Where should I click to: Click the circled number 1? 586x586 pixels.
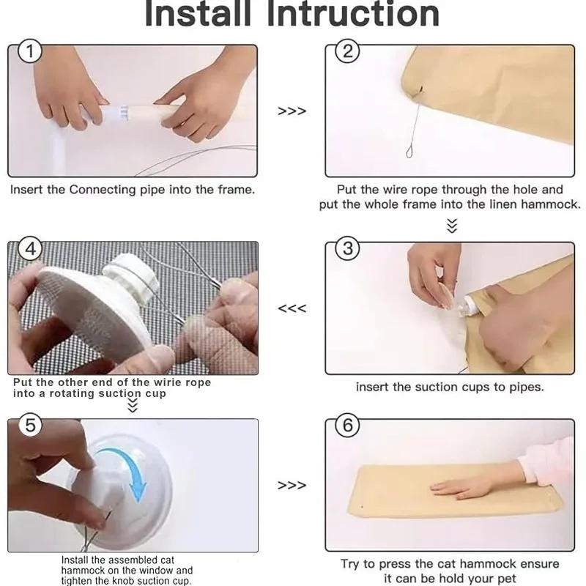[30, 51]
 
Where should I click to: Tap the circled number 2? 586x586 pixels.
[347, 51]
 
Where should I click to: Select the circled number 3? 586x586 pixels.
[347, 248]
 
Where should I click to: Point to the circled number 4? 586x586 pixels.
[30, 248]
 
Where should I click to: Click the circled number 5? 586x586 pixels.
[30, 425]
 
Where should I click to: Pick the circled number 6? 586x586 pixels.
[347, 426]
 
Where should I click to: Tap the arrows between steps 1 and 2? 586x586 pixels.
[292, 111]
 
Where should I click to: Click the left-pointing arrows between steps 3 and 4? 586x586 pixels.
[292, 308]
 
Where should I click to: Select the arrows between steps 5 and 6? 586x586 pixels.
[292, 485]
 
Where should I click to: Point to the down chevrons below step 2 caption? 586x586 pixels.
[452, 226]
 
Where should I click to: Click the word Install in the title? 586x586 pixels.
[198, 13]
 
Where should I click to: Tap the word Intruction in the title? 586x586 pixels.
[354, 13]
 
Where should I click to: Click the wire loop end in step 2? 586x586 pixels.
[409, 152]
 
